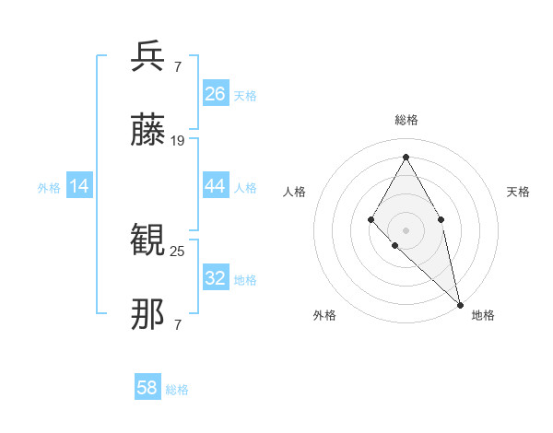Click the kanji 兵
(x=148, y=57)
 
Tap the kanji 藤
(x=148, y=131)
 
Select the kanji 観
(x=148, y=241)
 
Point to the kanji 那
(x=148, y=315)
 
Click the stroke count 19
(x=178, y=141)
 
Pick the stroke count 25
(x=178, y=251)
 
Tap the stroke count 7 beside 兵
(x=177, y=66)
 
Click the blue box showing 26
(x=216, y=94)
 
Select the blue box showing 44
(x=216, y=186)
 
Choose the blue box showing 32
(x=216, y=278)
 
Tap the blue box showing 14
(x=79, y=187)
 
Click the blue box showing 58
(x=147, y=388)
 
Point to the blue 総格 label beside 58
(x=177, y=390)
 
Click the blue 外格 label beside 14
(x=49, y=188)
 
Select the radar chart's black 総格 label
(x=406, y=120)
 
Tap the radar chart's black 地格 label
(x=483, y=315)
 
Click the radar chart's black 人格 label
(x=295, y=192)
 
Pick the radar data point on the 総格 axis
(x=406, y=157)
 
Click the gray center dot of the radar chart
(x=406, y=229)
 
